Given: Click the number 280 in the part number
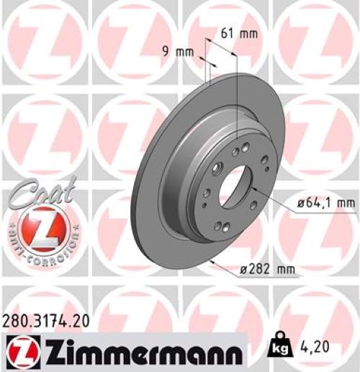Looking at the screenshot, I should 16,322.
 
